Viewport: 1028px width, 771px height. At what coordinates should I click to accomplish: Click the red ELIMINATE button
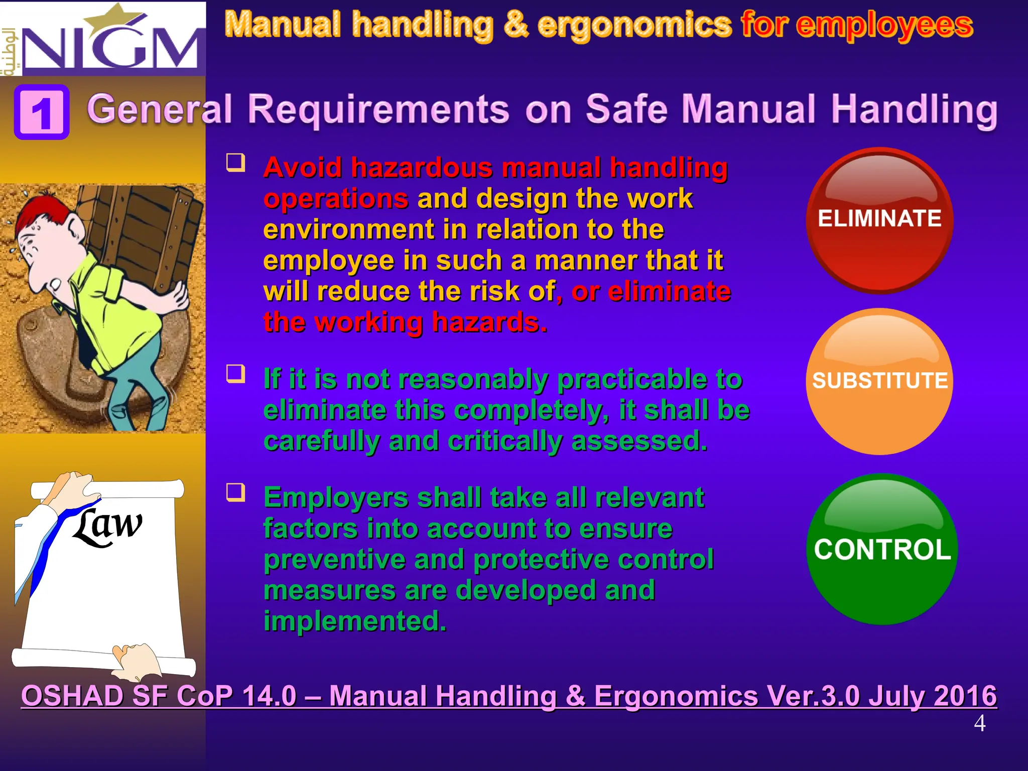tap(879, 220)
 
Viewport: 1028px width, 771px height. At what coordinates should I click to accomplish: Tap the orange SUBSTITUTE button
tap(879, 381)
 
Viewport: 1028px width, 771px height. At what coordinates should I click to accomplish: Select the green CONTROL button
tap(882, 549)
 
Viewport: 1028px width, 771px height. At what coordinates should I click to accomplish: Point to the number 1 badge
tap(42, 112)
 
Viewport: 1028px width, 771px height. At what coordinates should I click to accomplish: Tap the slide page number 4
tap(979, 724)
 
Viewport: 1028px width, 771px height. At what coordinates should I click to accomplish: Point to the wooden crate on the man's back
tap(151, 231)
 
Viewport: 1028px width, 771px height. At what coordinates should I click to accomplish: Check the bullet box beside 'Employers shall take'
tap(235, 492)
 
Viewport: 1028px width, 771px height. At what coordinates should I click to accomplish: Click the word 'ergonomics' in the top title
tap(634, 25)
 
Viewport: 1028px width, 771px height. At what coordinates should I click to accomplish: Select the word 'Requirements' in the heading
tap(378, 109)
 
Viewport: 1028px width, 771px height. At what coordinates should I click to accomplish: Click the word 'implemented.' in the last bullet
tap(354, 621)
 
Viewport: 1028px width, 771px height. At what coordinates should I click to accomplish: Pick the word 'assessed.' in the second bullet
tap(639, 441)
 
